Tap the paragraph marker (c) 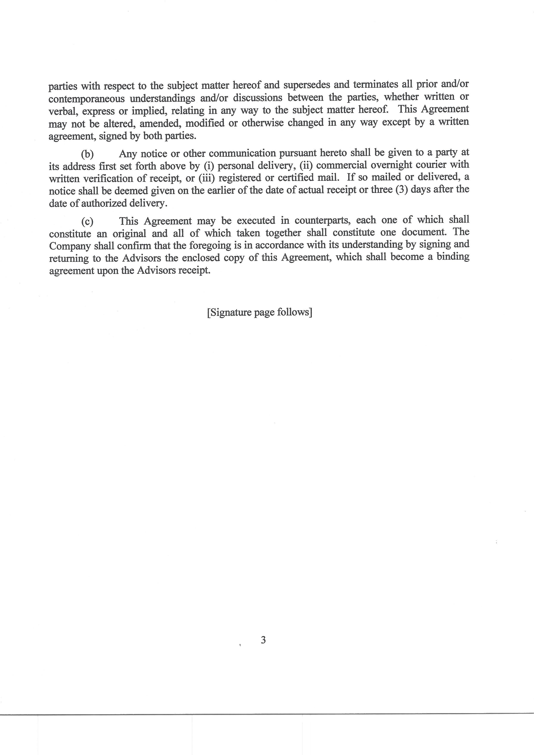pos(87,222)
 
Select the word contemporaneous pos(87,99)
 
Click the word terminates pos(375,84)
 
